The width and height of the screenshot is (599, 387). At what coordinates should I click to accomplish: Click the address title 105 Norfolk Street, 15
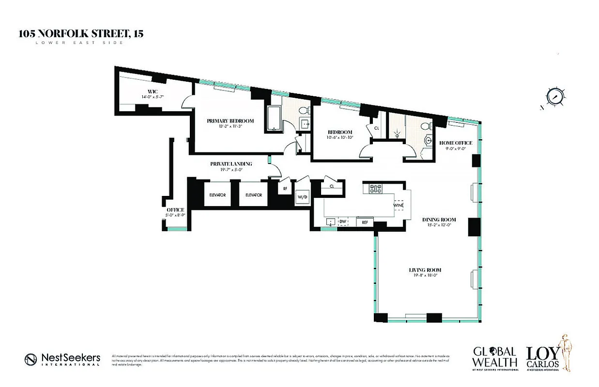(x=81, y=34)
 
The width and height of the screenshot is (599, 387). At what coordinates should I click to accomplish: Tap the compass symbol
(x=555, y=96)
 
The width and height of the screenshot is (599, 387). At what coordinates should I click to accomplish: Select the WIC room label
(x=153, y=92)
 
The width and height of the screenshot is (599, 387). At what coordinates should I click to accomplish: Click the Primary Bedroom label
(x=230, y=121)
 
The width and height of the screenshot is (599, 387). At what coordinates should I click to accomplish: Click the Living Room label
(x=424, y=270)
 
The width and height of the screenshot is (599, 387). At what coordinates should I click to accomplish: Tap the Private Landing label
(x=231, y=164)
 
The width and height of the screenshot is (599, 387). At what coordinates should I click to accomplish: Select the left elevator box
(x=217, y=194)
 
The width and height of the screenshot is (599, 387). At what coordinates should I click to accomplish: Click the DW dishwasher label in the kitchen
(x=343, y=222)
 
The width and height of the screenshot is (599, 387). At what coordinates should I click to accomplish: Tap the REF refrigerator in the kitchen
(x=364, y=222)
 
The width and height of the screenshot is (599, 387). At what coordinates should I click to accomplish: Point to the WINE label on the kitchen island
(x=398, y=206)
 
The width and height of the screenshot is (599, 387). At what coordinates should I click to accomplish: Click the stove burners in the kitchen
(x=376, y=188)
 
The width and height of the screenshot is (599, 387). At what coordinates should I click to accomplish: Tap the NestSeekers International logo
(x=62, y=359)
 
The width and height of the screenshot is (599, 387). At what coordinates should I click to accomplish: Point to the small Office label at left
(x=175, y=209)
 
